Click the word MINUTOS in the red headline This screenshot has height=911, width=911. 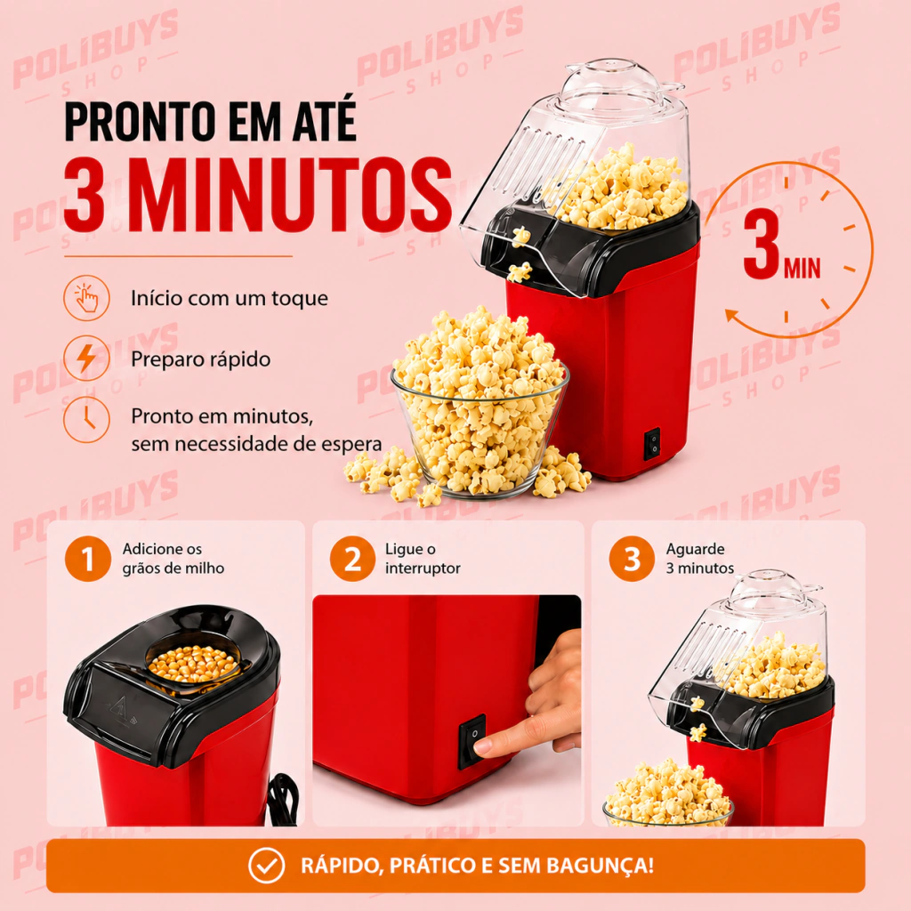coord(293,195)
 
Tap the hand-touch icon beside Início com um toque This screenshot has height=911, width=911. coord(86,298)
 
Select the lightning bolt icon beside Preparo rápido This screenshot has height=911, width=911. coord(86,358)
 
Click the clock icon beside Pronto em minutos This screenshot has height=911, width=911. coord(86,419)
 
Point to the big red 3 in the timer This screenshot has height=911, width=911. coord(762,243)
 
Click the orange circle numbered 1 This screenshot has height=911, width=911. coord(88,559)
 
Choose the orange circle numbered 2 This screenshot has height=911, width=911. coord(352,559)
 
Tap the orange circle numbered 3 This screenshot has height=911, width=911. coord(633,559)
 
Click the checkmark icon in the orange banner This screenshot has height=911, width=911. coord(266,865)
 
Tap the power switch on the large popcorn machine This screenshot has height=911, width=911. coord(652,445)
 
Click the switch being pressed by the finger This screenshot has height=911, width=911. coord(472,742)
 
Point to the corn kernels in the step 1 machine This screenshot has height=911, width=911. coord(192,664)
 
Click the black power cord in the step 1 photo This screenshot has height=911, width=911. coord(285,799)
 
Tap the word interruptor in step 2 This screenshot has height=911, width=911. coord(423,568)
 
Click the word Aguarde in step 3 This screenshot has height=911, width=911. coord(695,550)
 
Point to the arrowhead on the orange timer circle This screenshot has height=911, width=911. coord(732,317)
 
